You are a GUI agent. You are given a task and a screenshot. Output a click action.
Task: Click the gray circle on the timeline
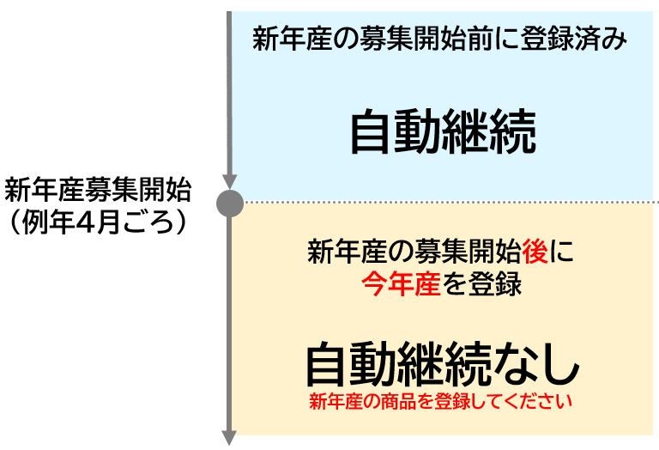tap(229, 204)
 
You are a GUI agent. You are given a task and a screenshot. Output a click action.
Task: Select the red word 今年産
tap(399, 284)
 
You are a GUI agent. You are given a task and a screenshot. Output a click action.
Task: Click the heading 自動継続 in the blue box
tap(443, 133)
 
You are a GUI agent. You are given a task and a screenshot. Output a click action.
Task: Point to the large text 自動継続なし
tap(443, 364)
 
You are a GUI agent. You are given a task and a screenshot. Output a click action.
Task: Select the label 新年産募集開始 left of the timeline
tap(98, 188)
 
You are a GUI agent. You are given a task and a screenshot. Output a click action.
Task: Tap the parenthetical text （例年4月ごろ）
tap(98, 221)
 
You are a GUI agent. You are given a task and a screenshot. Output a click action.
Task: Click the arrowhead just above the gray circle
tap(229, 180)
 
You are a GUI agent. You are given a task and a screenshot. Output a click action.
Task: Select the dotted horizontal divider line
tap(446, 204)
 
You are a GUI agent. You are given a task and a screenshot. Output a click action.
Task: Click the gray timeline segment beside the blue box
tap(229, 94)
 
